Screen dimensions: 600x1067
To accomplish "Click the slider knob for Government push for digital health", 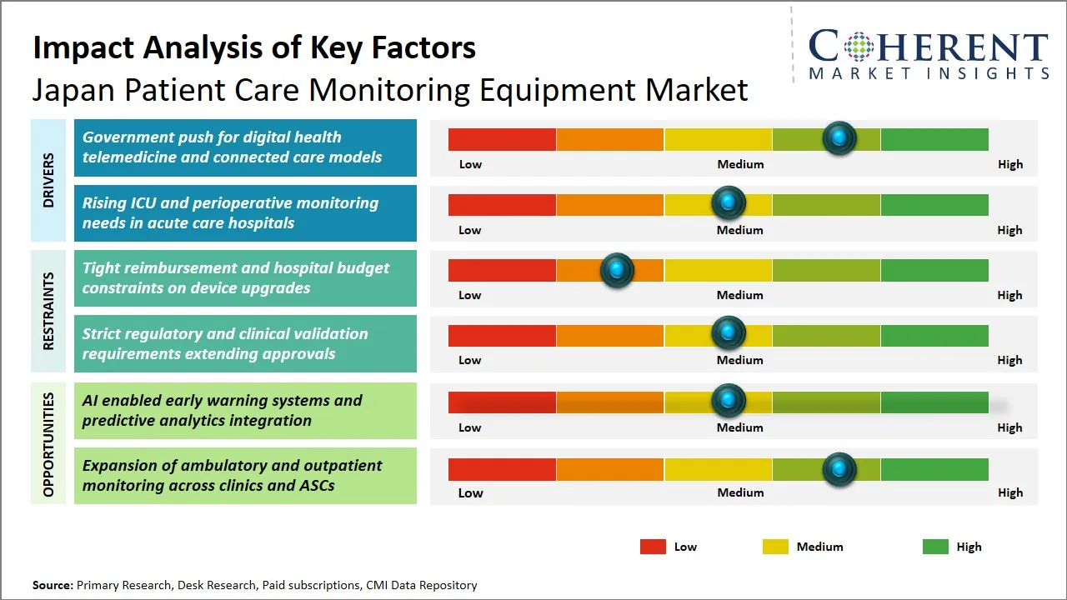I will [x=839, y=138].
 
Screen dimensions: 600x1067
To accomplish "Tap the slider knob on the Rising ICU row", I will [x=729, y=204].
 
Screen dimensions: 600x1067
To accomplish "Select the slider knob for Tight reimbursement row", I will [x=617, y=270].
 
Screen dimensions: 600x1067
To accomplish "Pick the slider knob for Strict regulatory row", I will [x=729, y=335].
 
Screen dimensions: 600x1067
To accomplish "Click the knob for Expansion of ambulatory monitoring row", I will [x=839, y=469].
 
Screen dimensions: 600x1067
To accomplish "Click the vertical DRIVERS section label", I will [x=48, y=180].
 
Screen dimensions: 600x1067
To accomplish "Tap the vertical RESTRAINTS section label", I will [x=48, y=311].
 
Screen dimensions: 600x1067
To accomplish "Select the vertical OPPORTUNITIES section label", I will [x=48, y=444].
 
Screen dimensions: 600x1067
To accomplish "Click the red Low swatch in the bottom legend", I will [x=653, y=547].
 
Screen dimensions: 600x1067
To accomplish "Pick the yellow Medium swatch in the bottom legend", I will [x=775, y=547].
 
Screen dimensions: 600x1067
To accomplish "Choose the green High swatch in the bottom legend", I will [x=935, y=547].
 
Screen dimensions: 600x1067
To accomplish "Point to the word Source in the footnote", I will [x=53, y=586].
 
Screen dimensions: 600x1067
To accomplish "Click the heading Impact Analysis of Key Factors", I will [x=254, y=47].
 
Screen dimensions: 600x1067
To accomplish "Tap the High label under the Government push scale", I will [x=1009, y=164].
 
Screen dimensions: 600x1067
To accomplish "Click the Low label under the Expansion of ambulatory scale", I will [x=470, y=492].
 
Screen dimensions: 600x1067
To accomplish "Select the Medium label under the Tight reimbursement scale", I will [x=740, y=295].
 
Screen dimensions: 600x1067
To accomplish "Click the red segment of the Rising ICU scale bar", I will [x=502, y=204].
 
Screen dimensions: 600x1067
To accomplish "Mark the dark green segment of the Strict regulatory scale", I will [x=934, y=335].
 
